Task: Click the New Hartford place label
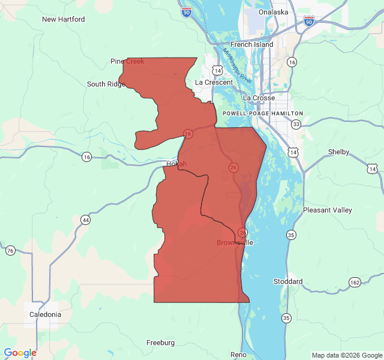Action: (63, 19)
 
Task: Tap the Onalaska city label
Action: (273, 12)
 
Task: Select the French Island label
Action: (252, 44)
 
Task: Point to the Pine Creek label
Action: (127, 61)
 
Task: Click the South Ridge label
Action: (106, 84)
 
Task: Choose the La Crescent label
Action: (214, 82)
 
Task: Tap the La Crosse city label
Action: (259, 98)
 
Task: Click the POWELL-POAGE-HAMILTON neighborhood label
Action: (263, 113)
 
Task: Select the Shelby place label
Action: (339, 152)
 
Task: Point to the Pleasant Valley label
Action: (328, 210)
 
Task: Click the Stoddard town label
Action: (288, 281)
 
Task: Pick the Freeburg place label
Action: (161, 343)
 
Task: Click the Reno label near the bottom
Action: (238, 355)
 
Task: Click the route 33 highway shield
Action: (296, 125)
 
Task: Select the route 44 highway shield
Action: (86, 220)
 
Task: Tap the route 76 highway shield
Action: (10, 250)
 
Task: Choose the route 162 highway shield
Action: (355, 282)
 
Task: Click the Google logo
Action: (20, 353)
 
